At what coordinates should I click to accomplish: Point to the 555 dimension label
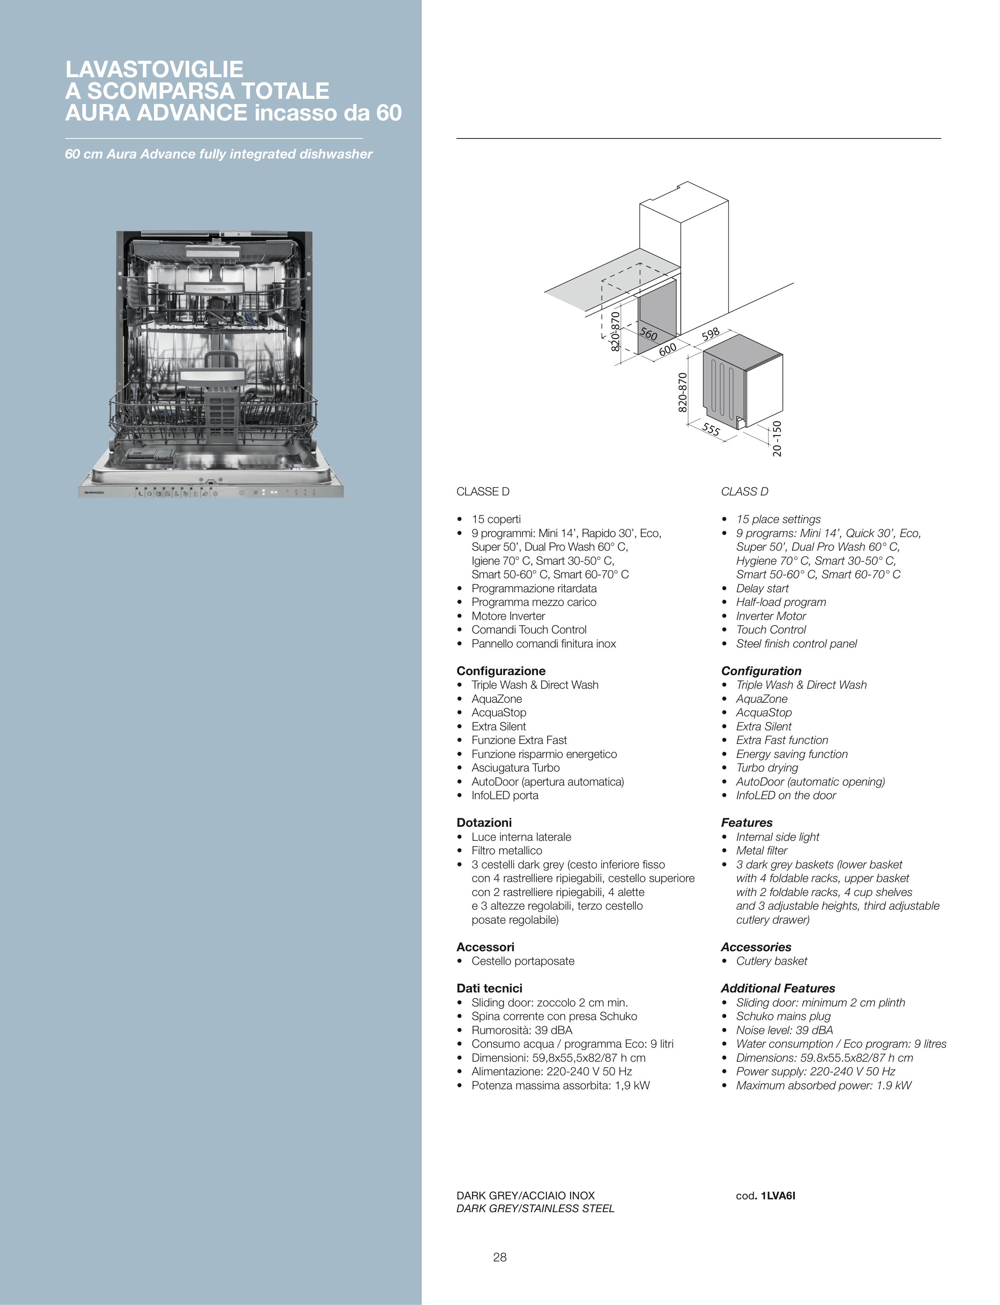tap(711, 429)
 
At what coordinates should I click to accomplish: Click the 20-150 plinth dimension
tap(777, 439)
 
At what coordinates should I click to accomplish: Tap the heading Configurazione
tap(500, 671)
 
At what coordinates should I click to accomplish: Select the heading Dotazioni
tap(484, 823)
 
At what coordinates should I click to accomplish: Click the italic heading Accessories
tap(756, 947)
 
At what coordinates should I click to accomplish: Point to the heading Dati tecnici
tap(489, 988)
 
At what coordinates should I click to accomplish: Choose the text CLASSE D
tap(483, 492)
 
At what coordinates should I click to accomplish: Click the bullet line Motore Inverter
tap(508, 616)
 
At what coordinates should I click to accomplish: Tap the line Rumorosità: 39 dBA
tap(522, 1030)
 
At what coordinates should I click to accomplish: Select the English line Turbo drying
tap(767, 768)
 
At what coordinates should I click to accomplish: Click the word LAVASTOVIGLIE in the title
tap(154, 70)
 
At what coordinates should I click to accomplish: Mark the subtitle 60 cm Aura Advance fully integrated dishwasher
tap(218, 154)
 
